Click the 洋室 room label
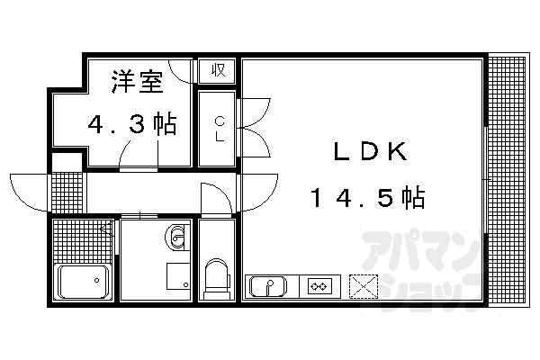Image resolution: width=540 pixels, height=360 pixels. coord(137,83)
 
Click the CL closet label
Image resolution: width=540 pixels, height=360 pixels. coord(219,129)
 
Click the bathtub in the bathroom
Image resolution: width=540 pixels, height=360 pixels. coord(83,283)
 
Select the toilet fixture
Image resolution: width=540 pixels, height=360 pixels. coord(216,275)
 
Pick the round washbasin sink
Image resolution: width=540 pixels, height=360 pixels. coord(175,238)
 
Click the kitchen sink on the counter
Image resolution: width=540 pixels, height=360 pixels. coord(267,287)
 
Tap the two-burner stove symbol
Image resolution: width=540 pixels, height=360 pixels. coord(319,287)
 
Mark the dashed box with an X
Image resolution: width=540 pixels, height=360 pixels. coord(364,287)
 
